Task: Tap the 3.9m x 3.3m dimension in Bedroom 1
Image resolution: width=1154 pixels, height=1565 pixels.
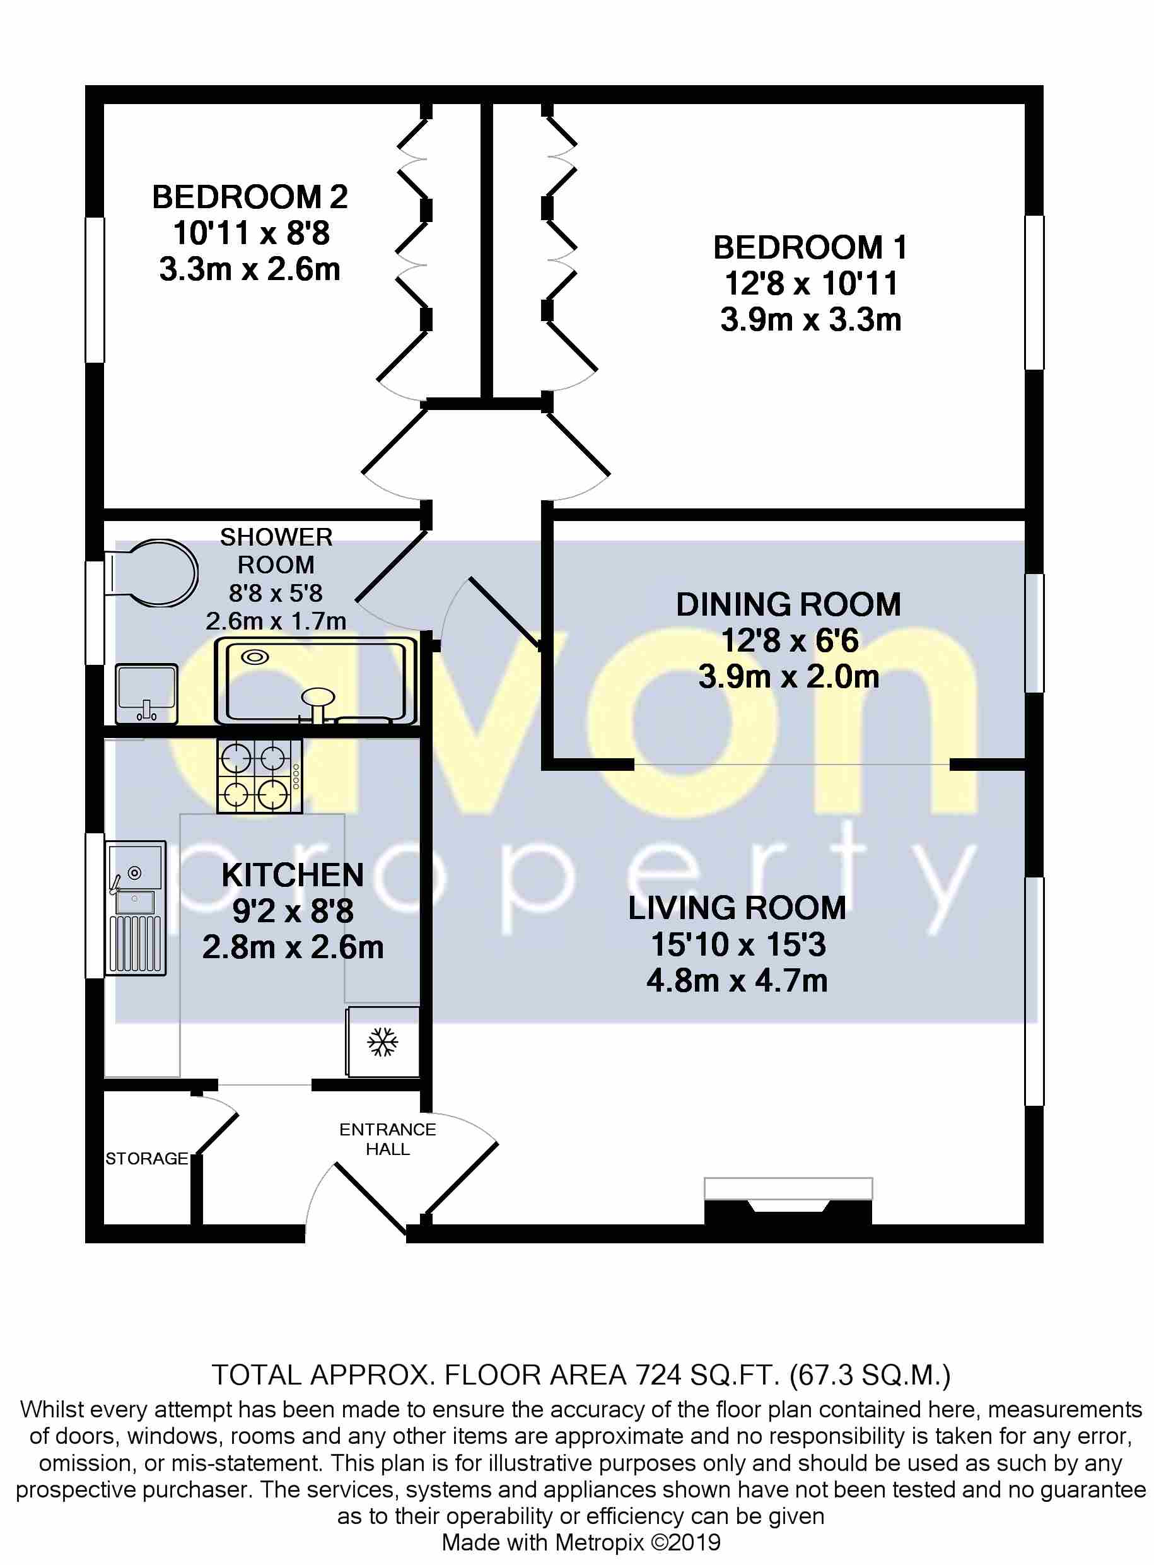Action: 810,320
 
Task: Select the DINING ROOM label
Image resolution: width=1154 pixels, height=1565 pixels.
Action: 788,604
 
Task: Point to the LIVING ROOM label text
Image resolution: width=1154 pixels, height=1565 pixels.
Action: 737,908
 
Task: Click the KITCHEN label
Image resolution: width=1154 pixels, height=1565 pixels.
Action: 293,876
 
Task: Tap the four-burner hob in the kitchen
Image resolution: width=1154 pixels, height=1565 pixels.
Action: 259,777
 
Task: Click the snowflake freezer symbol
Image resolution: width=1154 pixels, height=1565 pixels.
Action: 383,1043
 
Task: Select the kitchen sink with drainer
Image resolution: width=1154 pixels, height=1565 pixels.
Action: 136,908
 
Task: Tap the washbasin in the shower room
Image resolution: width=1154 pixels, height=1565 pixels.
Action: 146,693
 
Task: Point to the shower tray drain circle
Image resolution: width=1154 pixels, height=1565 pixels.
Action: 254,657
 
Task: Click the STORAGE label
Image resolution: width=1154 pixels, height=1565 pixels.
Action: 147,1158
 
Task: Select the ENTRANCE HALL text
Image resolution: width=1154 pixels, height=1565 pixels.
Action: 388,1139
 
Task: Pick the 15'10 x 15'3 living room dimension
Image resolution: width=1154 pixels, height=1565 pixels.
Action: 738,944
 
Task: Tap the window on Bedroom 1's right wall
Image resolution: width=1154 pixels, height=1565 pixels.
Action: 1034,292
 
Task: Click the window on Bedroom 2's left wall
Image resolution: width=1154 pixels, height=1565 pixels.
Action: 95,290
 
